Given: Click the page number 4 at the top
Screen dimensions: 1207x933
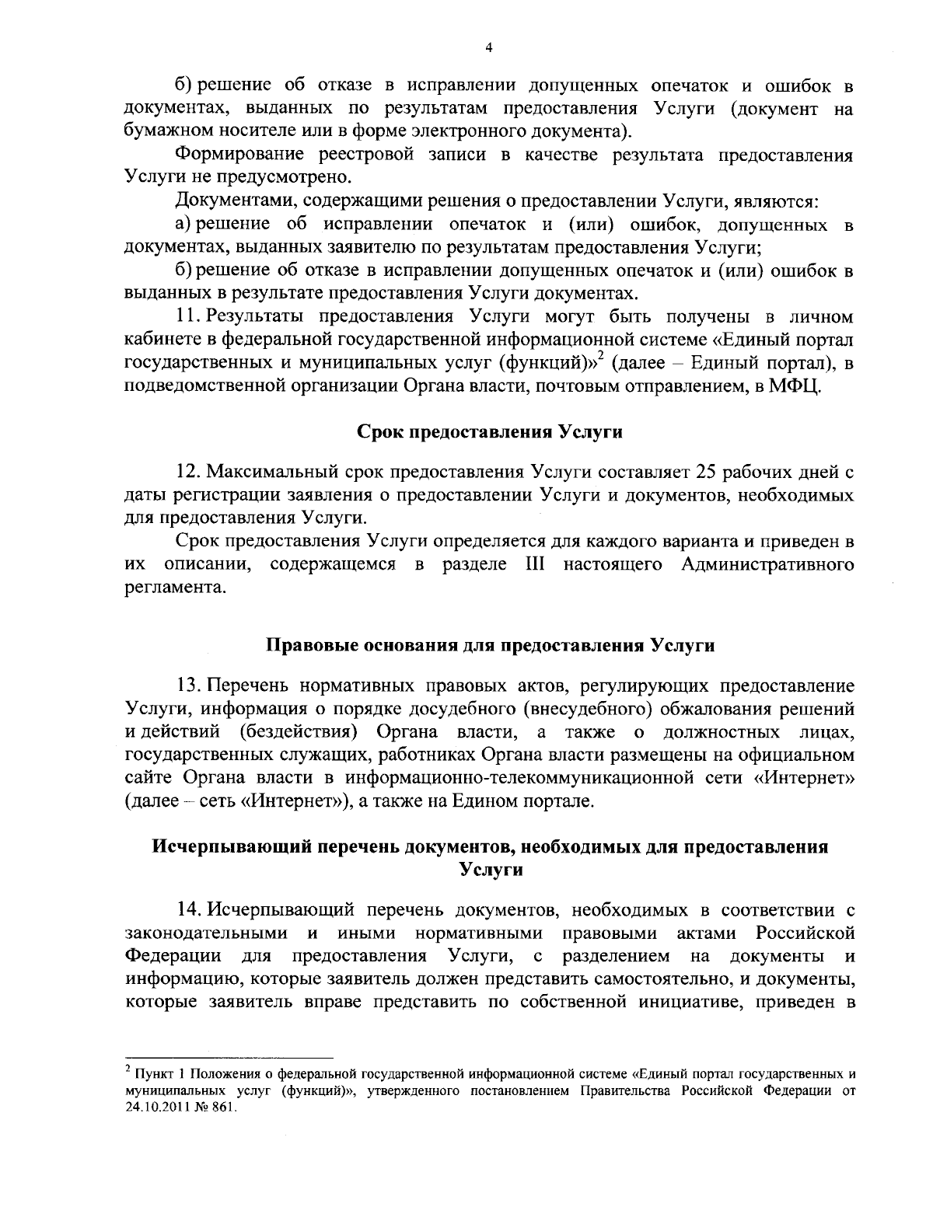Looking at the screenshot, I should [x=489, y=47].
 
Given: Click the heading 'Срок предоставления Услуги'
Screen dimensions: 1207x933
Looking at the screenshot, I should [x=490, y=431].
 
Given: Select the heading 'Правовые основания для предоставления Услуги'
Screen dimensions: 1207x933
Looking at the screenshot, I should [x=490, y=645].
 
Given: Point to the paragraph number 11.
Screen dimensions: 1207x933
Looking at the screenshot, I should [x=190, y=317].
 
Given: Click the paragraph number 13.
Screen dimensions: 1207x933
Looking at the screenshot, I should [x=190, y=685].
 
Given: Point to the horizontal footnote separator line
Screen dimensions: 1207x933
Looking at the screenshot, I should [x=229, y=1058].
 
